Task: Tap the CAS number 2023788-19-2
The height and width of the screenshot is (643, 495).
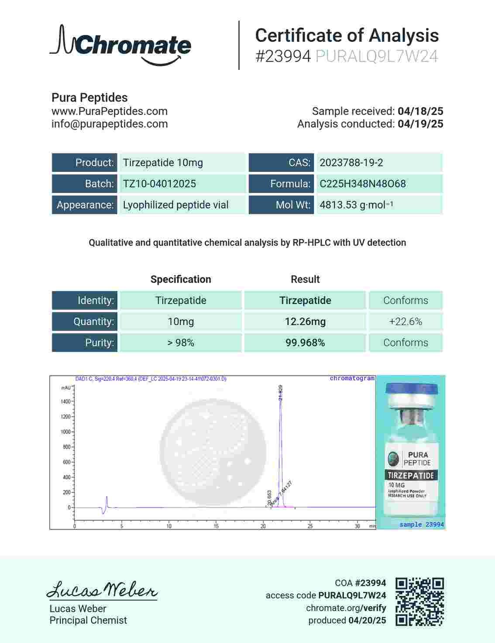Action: tap(351, 163)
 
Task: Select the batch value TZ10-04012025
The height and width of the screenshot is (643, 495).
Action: tap(159, 184)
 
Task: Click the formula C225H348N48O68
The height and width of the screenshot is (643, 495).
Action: tap(362, 184)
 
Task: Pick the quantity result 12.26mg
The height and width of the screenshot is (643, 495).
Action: tap(305, 322)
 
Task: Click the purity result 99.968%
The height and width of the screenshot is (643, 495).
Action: tap(305, 343)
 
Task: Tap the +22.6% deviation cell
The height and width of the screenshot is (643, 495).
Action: tap(406, 322)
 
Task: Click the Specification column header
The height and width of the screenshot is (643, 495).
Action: tap(181, 280)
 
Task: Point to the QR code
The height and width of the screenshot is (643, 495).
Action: tap(419, 602)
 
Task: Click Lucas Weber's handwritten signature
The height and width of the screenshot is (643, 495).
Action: tap(102, 590)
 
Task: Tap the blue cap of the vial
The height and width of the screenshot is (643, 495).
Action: tap(412, 390)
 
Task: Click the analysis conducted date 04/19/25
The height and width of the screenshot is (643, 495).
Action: tap(420, 124)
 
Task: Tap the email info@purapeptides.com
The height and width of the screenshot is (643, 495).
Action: tap(110, 124)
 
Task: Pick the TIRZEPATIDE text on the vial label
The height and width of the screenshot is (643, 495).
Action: tap(411, 475)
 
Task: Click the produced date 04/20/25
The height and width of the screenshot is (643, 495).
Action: tap(367, 620)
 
